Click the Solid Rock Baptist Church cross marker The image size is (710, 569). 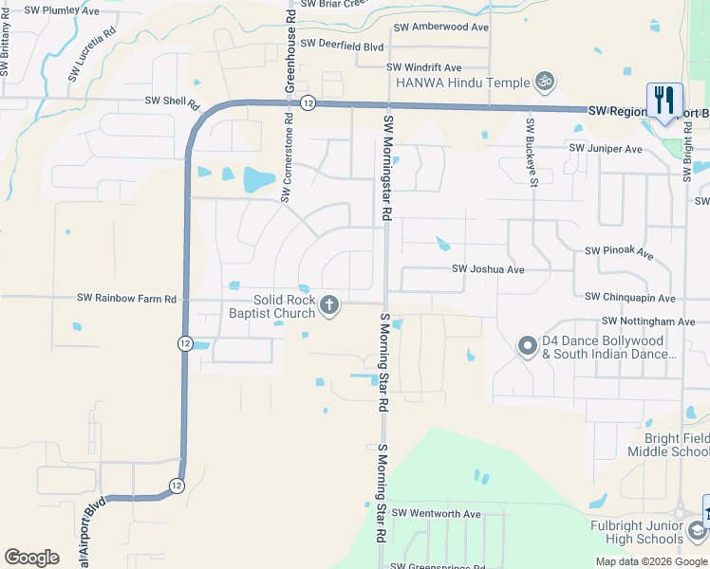pos(329,304)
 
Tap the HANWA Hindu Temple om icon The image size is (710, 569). pos(545,83)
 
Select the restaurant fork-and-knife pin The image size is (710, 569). pos(663,100)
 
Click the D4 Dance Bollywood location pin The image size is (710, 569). pos(527,347)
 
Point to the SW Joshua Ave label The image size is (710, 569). pos(488,269)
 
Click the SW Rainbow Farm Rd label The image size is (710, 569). pos(127,299)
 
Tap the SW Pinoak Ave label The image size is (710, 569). pos(619,252)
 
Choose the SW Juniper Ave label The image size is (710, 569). pos(605,149)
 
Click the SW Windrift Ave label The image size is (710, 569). pos(423,68)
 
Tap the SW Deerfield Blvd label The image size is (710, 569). pos(341,45)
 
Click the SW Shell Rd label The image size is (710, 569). pos(172,101)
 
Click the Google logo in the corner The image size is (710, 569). pos(31,558)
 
